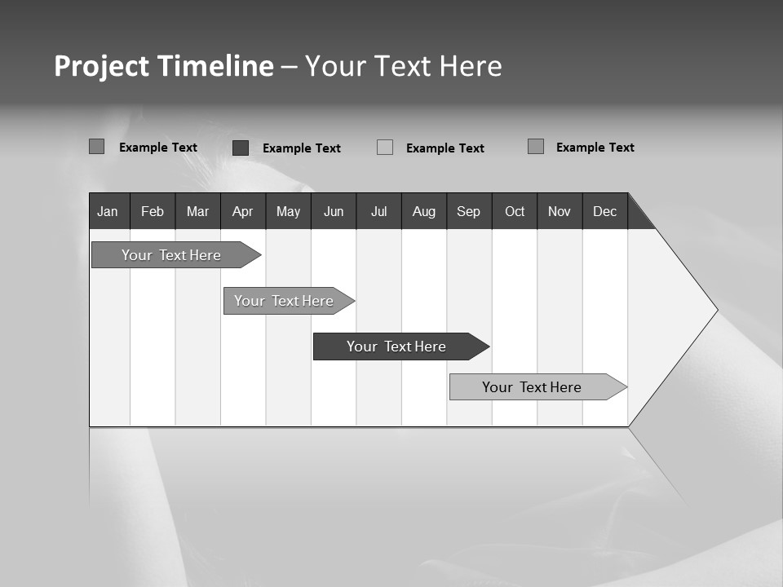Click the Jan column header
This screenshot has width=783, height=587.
pyautogui.click(x=108, y=211)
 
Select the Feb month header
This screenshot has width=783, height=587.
pyautogui.click(x=153, y=211)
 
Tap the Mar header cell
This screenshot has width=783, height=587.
pyautogui.click(x=197, y=211)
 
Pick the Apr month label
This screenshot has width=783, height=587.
pyautogui.click(x=242, y=211)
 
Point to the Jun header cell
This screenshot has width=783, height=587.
pyautogui.click(x=334, y=211)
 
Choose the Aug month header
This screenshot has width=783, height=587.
pyautogui.click(x=423, y=211)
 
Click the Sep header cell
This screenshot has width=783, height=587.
pyautogui.click(x=468, y=211)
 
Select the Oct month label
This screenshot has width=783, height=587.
pyautogui.click(x=515, y=211)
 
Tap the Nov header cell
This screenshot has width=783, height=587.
pyautogui.click(x=560, y=211)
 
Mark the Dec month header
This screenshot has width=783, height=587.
pyautogui.click(x=604, y=211)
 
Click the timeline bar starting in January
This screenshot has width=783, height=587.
pyautogui.click(x=171, y=255)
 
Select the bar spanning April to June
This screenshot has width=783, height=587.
pyautogui.click(x=284, y=301)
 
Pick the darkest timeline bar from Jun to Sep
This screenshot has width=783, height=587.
pyautogui.click(x=396, y=346)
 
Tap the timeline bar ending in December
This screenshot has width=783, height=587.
pyautogui.click(x=532, y=387)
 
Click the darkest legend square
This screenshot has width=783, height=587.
pyautogui.click(x=241, y=148)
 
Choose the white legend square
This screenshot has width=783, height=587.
pyautogui.click(x=385, y=148)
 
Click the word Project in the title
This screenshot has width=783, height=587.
pyautogui.click(x=101, y=66)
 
